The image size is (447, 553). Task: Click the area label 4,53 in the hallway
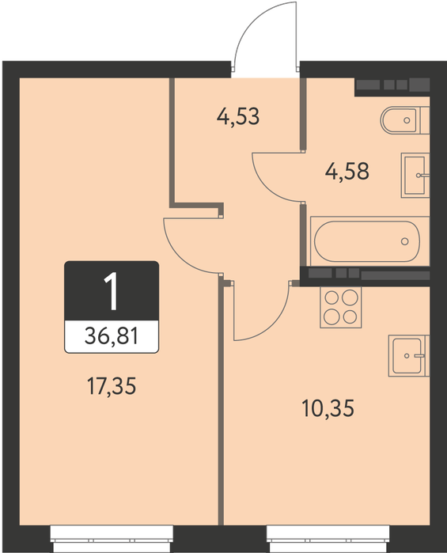(238, 117)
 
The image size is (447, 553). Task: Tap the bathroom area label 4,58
(347, 171)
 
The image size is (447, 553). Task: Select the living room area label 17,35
(112, 385)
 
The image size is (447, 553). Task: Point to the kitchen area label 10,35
(328, 408)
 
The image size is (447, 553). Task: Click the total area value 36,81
(112, 335)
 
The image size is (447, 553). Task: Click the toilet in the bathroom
(404, 120)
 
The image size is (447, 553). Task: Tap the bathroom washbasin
(415, 176)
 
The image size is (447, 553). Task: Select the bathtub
(369, 241)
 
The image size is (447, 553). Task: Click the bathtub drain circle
(404, 241)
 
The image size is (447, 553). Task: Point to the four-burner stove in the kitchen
(341, 307)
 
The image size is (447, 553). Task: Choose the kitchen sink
(409, 355)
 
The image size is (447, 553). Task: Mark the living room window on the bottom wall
(112, 539)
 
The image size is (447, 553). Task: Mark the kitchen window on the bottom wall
(328, 539)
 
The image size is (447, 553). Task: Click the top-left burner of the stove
(331, 298)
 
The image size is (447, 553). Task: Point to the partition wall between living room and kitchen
(221, 401)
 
